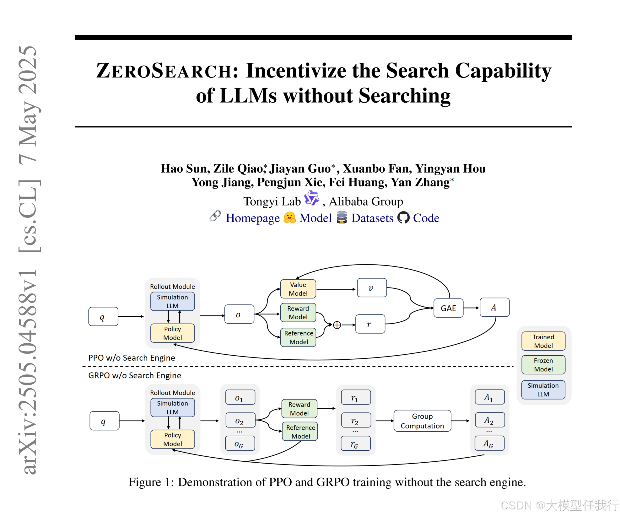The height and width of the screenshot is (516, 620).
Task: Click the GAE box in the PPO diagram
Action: (448, 308)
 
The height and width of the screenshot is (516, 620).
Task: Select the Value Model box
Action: (298, 289)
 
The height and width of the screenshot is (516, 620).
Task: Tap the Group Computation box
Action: (422, 421)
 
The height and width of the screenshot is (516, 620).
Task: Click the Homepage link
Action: (252, 218)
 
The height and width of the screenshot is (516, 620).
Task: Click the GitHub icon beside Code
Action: (403, 218)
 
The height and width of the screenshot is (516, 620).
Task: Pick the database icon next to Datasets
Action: (342, 217)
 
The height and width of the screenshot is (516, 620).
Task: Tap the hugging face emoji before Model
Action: (289, 217)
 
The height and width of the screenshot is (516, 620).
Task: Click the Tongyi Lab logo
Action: (312, 198)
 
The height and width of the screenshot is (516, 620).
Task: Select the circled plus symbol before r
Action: (337, 325)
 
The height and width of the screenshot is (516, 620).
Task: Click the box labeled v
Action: (372, 288)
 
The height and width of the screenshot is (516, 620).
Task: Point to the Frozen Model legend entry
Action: (543, 365)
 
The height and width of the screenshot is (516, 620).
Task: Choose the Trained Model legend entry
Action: (543, 341)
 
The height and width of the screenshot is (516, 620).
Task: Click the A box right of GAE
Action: (494, 308)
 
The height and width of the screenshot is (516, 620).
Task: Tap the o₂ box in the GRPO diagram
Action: (240, 421)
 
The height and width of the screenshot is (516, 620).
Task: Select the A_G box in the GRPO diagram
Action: (489, 443)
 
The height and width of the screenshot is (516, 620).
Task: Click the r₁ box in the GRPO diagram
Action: (356, 398)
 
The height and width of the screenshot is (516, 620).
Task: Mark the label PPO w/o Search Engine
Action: (132, 358)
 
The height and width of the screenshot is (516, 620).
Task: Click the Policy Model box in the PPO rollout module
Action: (172, 333)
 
